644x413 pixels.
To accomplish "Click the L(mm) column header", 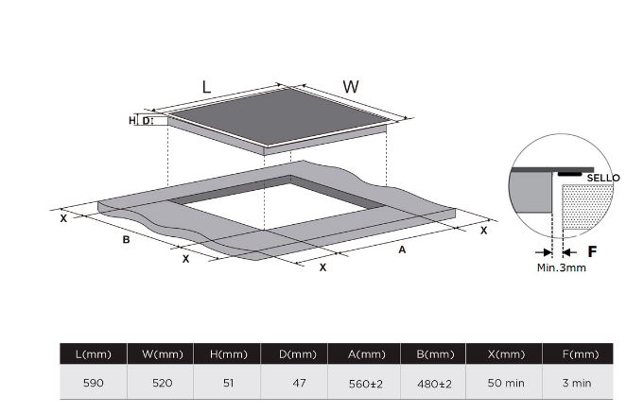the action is pyautogui.click(x=94, y=353).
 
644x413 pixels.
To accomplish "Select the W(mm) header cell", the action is pyautogui.click(x=163, y=353).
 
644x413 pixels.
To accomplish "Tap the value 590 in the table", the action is pyautogui.click(x=94, y=383).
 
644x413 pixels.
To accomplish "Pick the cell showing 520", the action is pyautogui.click(x=163, y=383).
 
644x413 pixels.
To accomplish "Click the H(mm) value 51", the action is pyautogui.click(x=228, y=383).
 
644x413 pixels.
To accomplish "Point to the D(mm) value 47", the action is pyautogui.click(x=299, y=383).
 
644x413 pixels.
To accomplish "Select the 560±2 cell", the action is pyautogui.click(x=366, y=384).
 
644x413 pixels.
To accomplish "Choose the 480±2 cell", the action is pyautogui.click(x=435, y=384).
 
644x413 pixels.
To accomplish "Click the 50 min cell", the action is pyautogui.click(x=506, y=383).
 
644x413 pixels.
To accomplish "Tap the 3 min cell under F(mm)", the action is pyautogui.click(x=577, y=383).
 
